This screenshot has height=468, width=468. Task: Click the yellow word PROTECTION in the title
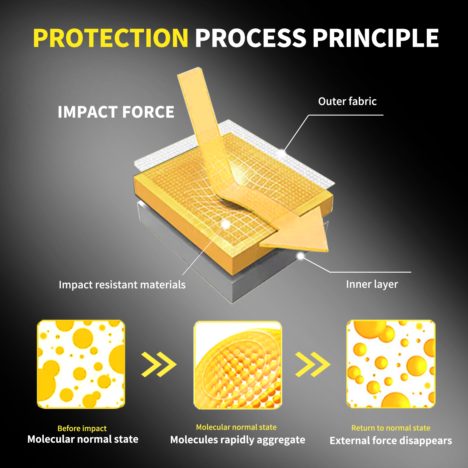(x=111, y=38)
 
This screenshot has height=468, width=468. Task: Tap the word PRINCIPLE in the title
(x=376, y=38)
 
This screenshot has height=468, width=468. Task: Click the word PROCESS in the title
(x=251, y=38)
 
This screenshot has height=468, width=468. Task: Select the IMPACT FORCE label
(x=116, y=112)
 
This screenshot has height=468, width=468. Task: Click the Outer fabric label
(x=347, y=101)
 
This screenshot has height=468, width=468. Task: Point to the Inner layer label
(x=372, y=284)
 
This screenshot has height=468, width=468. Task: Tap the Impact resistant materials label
(x=122, y=285)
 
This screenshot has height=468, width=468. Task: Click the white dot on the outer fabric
(x=282, y=153)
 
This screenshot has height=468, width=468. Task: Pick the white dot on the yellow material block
(x=226, y=225)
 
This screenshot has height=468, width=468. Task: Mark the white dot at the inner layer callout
(x=300, y=256)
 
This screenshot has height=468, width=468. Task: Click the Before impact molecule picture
(x=81, y=364)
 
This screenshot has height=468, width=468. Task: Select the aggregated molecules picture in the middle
(x=238, y=365)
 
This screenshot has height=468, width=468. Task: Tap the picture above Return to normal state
(x=391, y=364)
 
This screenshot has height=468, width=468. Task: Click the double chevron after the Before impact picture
(x=159, y=364)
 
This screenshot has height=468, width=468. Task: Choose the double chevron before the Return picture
(x=313, y=364)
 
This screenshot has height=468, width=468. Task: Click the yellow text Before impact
(x=82, y=429)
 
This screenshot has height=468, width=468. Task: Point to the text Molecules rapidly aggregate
(x=238, y=440)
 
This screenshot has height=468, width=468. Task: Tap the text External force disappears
(x=391, y=441)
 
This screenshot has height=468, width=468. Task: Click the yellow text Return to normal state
(x=391, y=428)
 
